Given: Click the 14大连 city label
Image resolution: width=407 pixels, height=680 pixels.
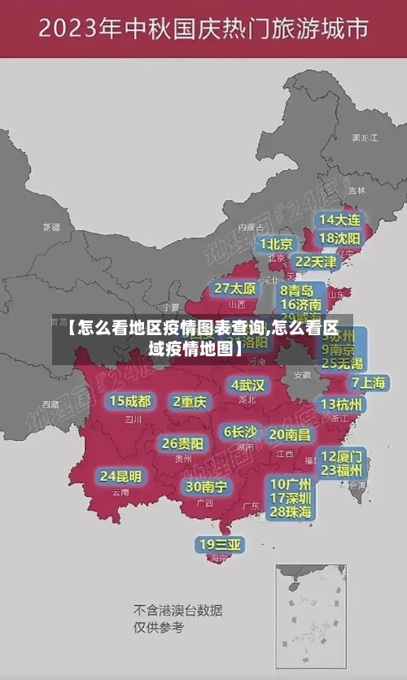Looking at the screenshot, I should [x=339, y=220].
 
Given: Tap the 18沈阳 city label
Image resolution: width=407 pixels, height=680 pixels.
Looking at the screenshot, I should [x=339, y=238].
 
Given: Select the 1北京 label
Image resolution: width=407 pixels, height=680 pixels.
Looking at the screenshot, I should [x=277, y=244].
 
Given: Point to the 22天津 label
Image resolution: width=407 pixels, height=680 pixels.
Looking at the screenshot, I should [x=315, y=262].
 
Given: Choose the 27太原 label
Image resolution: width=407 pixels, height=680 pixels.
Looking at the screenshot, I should [x=235, y=289].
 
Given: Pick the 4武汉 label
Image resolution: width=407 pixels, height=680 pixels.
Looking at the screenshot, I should [x=248, y=385].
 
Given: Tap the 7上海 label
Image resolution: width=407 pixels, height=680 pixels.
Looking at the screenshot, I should [x=368, y=383].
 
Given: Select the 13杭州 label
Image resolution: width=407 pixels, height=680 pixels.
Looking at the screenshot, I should [x=342, y=404].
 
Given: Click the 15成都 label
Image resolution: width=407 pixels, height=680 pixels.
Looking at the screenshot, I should [x=130, y=401].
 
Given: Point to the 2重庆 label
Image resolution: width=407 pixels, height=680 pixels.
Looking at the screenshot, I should [x=190, y=401].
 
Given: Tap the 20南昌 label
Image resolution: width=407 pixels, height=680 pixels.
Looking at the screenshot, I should [x=290, y=435].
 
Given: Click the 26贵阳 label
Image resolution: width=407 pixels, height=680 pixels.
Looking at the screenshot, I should [x=182, y=443].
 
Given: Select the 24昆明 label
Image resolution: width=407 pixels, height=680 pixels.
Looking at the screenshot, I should [x=120, y=476].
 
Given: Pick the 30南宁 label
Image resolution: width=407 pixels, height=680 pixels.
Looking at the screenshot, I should [x=206, y=486].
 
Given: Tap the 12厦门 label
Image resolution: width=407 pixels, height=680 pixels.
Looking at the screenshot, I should [x=342, y=456].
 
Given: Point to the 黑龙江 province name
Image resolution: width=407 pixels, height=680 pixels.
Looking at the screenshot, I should [x=364, y=138].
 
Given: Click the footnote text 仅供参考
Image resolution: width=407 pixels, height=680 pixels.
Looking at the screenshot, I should [x=159, y=627].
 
